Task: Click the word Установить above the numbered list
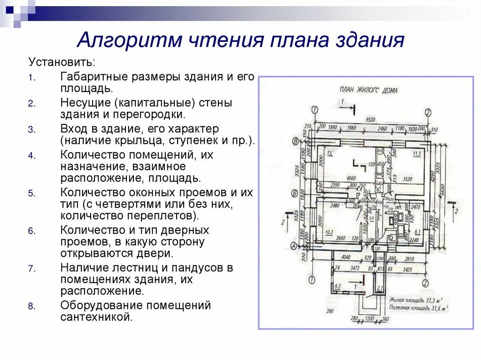(x=62, y=62)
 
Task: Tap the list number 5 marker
(x=31, y=193)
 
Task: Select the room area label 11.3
(x=416, y=153)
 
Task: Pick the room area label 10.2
(x=329, y=231)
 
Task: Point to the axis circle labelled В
(x=295, y=141)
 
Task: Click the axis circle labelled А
(x=295, y=245)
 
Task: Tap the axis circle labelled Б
(x=295, y=193)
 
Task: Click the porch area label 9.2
(x=337, y=286)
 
